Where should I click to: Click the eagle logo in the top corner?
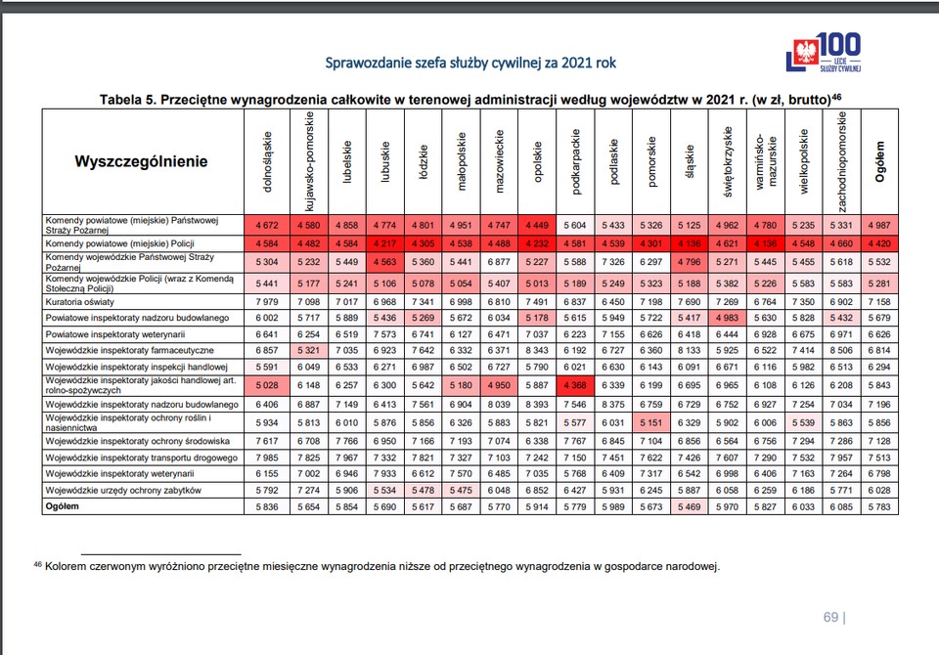click(x=805, y=52)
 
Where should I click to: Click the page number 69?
click(x=830, y=617)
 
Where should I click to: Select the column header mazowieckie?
click(x=500, y=161)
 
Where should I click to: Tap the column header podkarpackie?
click(x=575, y=161)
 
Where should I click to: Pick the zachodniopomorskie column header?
click(x=841, y=161)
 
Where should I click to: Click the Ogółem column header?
click(x=879, y=161)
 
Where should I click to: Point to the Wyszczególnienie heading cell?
click(x=141, y=161)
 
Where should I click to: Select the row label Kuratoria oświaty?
click(x=79, y=302)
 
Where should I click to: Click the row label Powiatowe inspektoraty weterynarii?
click(x=115, y=334)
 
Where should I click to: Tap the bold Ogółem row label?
click(x=63, y=506)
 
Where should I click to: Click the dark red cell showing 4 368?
click(x=575, y=385)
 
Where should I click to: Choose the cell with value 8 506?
click(x=841, y=350)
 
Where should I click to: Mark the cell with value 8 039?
click(x=499, y=404)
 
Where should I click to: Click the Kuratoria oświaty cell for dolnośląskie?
click(x=267, y=302)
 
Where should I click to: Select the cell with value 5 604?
click(x=575, y=225)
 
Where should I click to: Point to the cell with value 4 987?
click(x=879, y=225)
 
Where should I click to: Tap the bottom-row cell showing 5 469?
click(x=690, y=506)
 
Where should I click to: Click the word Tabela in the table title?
click(x=121, y=100)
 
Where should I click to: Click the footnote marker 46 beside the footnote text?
click(x=38, y=564)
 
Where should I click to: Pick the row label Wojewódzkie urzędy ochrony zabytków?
click(x=123, y=490)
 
